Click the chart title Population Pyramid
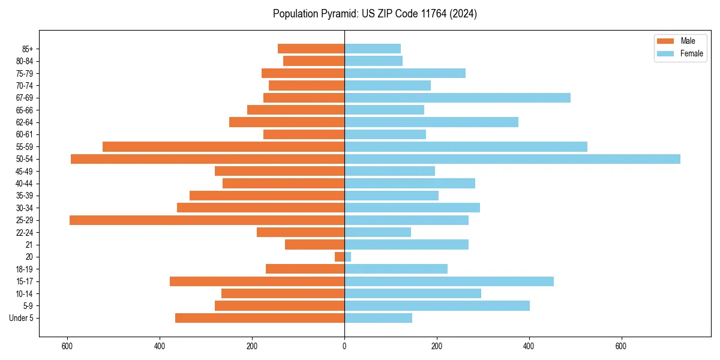point(374,14)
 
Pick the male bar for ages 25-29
point(207,220)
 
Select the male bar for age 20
point(340,257)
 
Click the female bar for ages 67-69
point(457,98)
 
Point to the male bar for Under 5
point(260,318)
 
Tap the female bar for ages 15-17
point(449,281)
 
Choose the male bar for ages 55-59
point(223,147)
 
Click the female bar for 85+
point(373,49)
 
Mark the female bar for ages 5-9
point(437,306)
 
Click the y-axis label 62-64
point(25,122)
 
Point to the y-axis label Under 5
point(22,318)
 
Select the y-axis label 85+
point(28,49)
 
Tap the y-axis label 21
point(29,245)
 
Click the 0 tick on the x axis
point(344,346)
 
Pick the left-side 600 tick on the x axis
point(67,346)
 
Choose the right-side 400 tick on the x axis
point(529,346)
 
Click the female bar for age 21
point(406,245)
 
